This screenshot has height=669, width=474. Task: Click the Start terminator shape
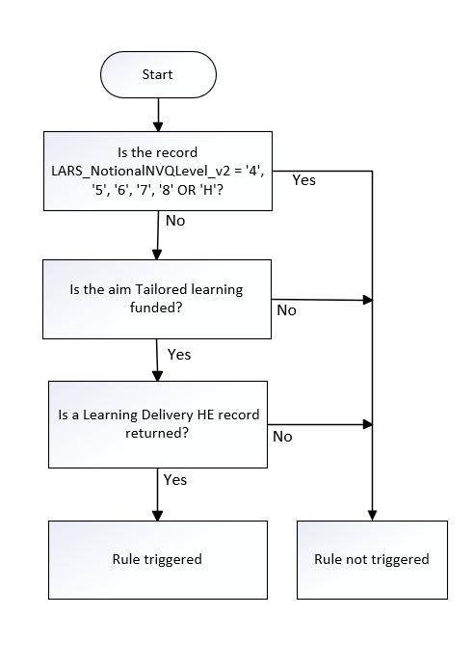click(157, 74)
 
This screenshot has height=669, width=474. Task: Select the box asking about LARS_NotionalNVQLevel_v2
click(157, 172)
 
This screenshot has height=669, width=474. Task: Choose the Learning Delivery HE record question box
click(157, 424)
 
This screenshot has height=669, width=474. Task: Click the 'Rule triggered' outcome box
click(157, 558)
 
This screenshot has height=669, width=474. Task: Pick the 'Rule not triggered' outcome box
click(372, 558)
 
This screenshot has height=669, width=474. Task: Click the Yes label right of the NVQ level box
click(303, 180)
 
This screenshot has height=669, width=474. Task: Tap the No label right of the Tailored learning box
click(286, 310)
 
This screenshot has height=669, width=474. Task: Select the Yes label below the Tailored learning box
click(179, 354)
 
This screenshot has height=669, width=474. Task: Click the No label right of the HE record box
click(282, 436)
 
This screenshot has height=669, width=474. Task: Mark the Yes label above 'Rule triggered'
click(175, 479)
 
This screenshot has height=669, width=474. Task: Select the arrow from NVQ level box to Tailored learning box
click(157, 234)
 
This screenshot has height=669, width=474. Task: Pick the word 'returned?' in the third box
click(157, 434)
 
